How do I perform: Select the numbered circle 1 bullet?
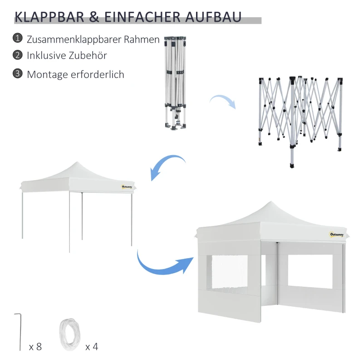(x=18, y=38)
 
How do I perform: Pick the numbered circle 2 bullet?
(x=18, y=55)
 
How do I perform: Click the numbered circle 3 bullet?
(x=18, y=74)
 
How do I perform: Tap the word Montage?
(x=47, y=74)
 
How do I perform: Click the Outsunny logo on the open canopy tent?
(x=127, y=186)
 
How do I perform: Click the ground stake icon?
(x=19, y=331)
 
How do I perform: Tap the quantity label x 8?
(x=35, y=347)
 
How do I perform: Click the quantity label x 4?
(x=92, y=347)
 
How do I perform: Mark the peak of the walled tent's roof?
(x=271, y=202)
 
